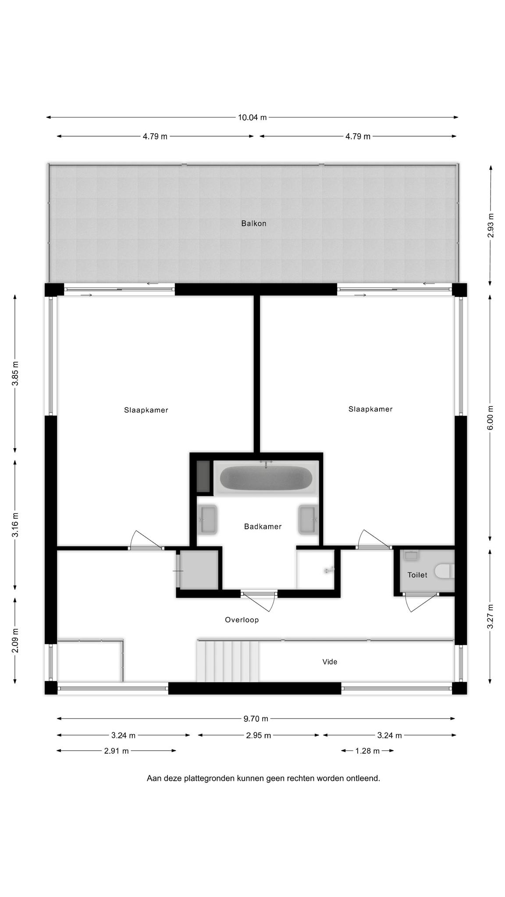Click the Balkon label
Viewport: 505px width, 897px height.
[x=253, y=223]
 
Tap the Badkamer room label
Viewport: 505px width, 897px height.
[x=263, y=526]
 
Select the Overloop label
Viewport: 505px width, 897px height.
[x=242, y=620]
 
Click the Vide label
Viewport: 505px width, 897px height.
[x=330, y=662]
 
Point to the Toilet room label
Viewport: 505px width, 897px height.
[x=417, y=575]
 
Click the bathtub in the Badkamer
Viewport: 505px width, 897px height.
[x=266, y=478]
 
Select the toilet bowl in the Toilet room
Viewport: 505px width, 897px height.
[x=444, y=572]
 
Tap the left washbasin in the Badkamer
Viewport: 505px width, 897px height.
[x=208, y=520]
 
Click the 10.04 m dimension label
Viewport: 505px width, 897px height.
[x=252, y=117]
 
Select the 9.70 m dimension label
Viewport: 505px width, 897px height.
[x=256, y=719]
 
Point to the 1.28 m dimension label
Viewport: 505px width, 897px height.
[x=367, y=751]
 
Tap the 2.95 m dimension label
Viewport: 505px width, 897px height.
[x=259, y=735]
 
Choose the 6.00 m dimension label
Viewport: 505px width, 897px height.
[x=491, y=417]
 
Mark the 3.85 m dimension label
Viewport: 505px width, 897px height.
[x=15, y=374]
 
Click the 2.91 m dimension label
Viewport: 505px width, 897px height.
[x=116, y=751]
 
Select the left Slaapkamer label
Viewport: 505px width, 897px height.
[x=146, y=410]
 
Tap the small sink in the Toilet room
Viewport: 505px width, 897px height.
[x=411, y=555]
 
